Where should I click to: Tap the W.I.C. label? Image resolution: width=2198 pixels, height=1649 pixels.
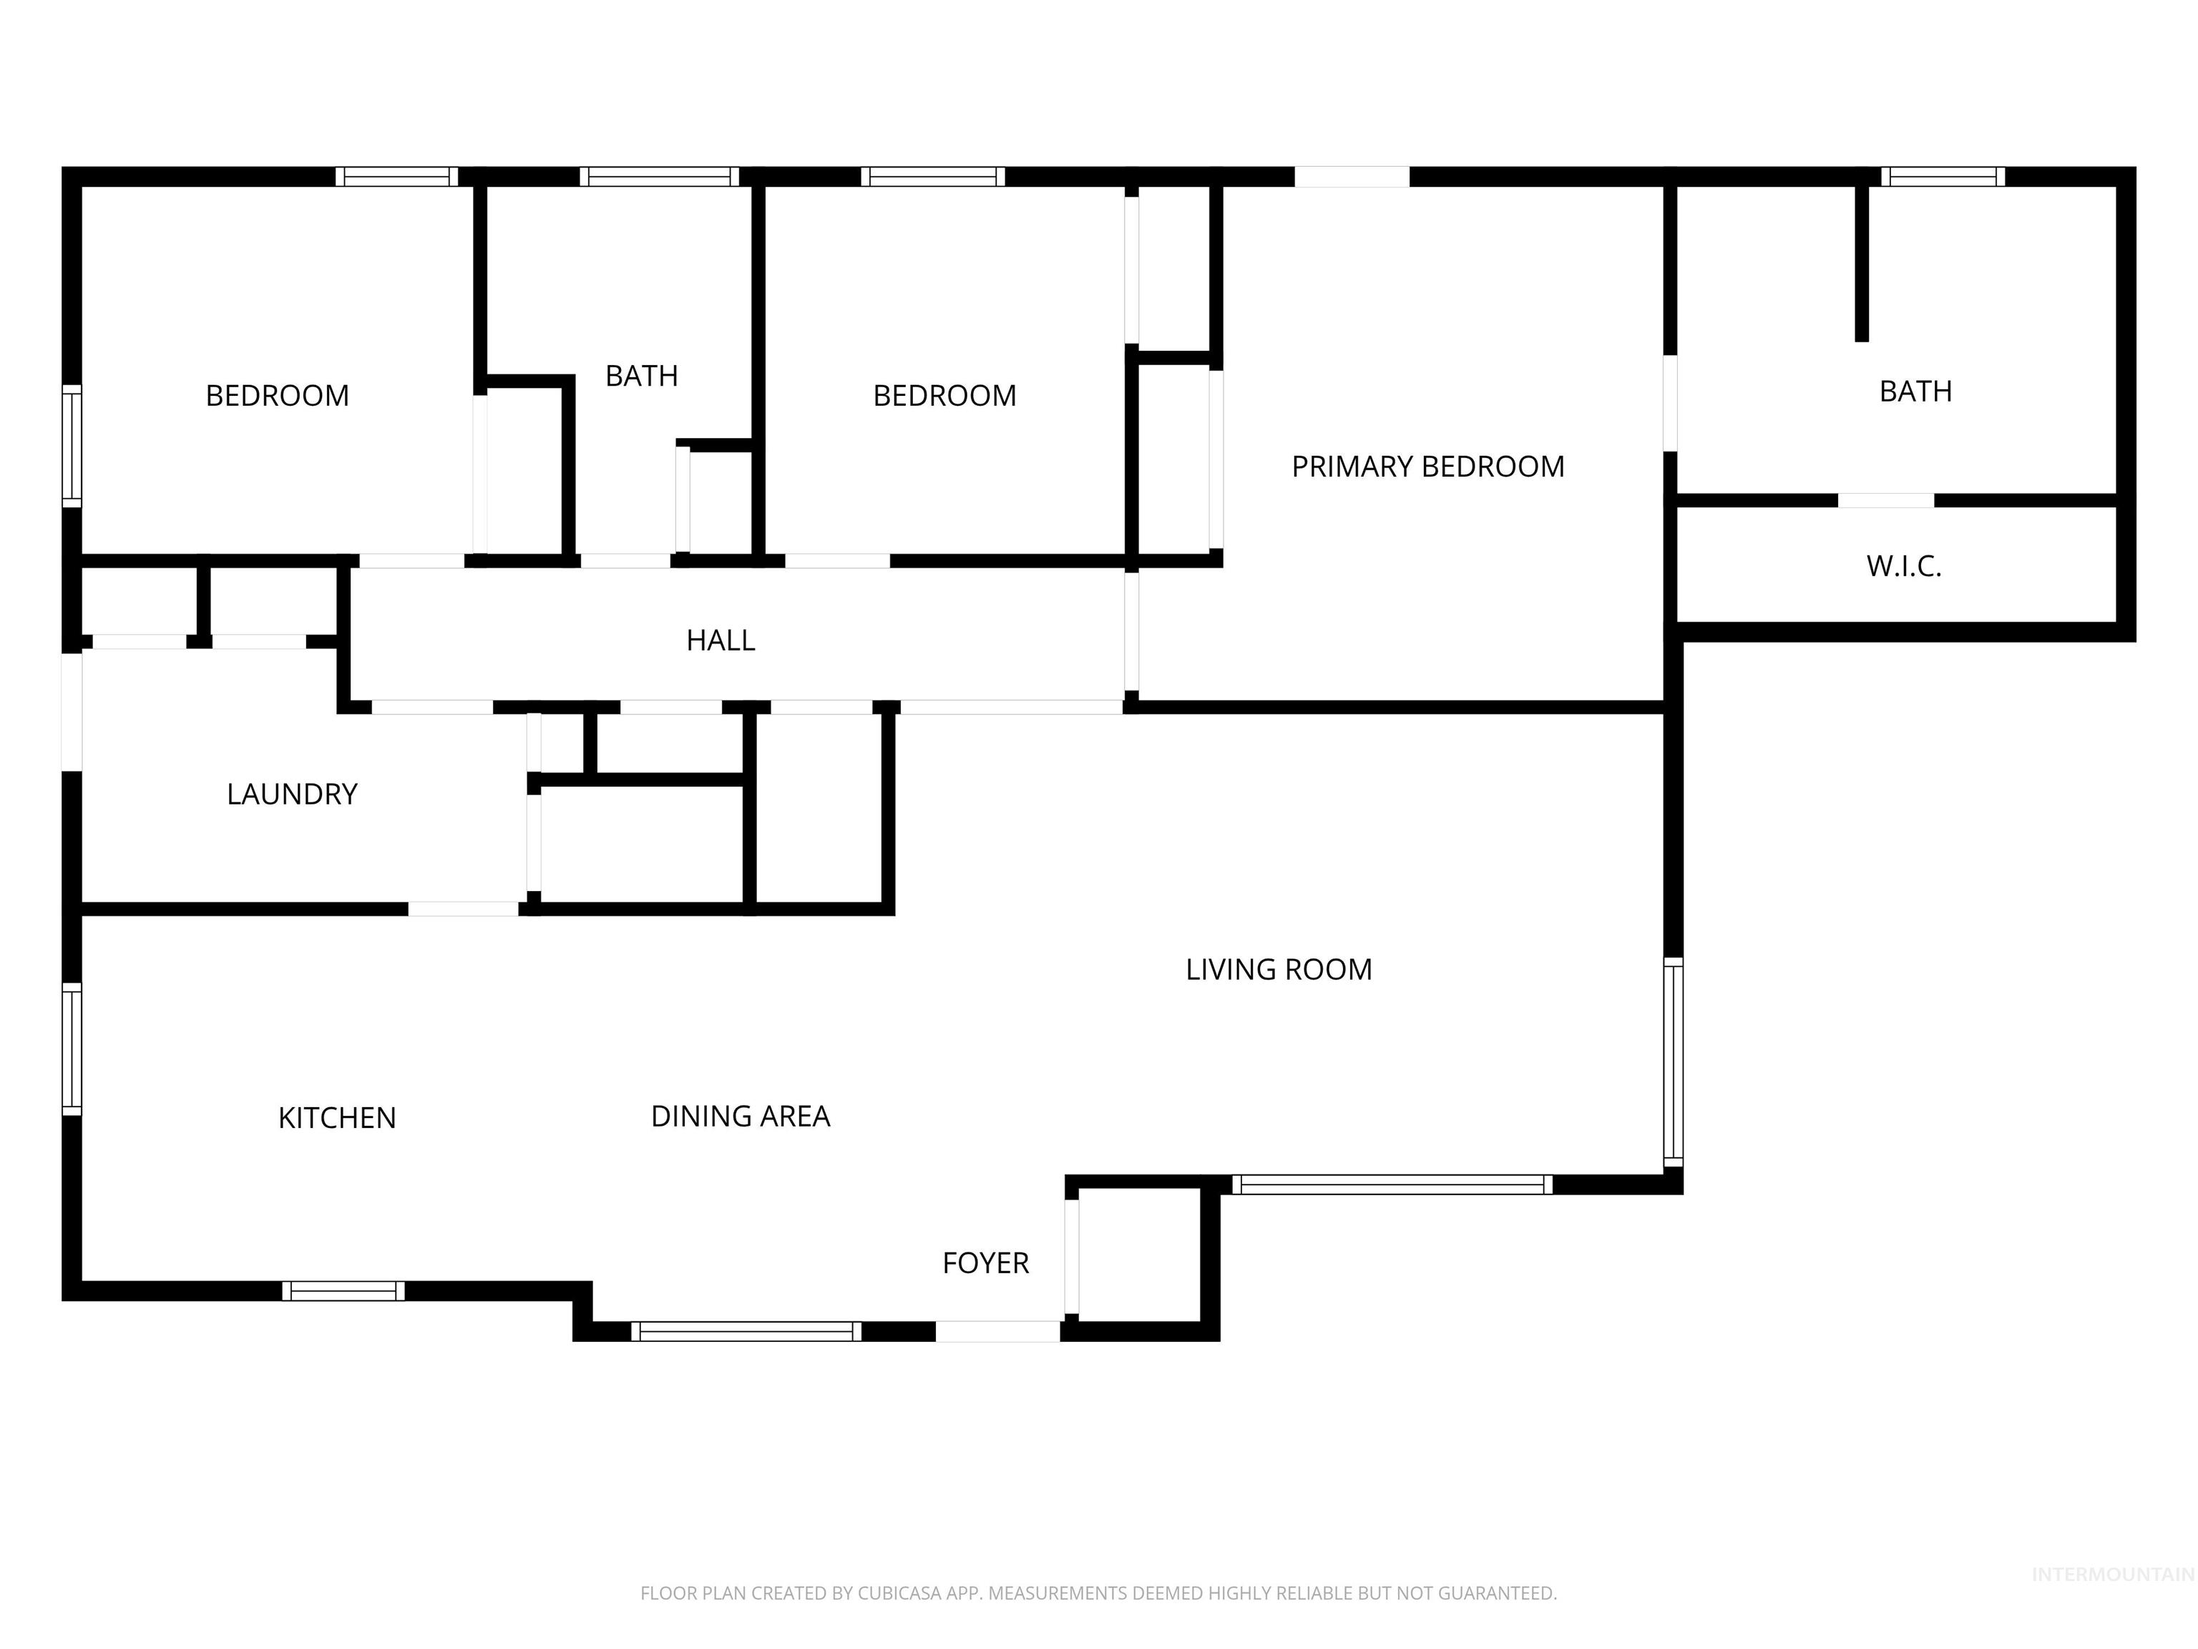tap(1903, 567)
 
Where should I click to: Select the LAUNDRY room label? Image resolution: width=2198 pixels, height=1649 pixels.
tap(291, 794)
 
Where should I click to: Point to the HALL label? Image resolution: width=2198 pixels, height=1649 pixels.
tap(721, 640)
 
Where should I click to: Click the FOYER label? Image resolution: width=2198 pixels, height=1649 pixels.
tap(985, 1263)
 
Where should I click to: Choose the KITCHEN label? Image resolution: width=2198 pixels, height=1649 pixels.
tap(337, 1118)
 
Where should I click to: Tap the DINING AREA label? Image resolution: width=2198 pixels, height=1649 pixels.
tap(741, 1117)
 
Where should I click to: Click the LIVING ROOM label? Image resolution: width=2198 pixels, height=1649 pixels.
tap(1278, 969)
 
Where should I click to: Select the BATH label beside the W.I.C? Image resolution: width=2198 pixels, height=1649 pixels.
tap(1915, 391)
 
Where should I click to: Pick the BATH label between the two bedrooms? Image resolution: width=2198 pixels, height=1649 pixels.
tap(641, 376)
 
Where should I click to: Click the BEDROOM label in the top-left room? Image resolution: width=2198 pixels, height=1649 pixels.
tap(277, 396)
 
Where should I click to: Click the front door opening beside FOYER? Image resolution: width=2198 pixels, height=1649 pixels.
tap(997, 1331)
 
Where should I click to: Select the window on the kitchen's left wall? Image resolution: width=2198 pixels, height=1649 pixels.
tap(72, 1049)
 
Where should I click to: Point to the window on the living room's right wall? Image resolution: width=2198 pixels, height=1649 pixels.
tap(1674, 1061)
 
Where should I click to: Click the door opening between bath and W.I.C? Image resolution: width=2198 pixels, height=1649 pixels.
tap(1885, 500)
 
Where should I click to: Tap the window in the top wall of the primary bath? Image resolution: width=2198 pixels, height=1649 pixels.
tap(1942, 177)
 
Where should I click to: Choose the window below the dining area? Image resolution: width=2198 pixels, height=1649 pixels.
tap(746, 1331)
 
